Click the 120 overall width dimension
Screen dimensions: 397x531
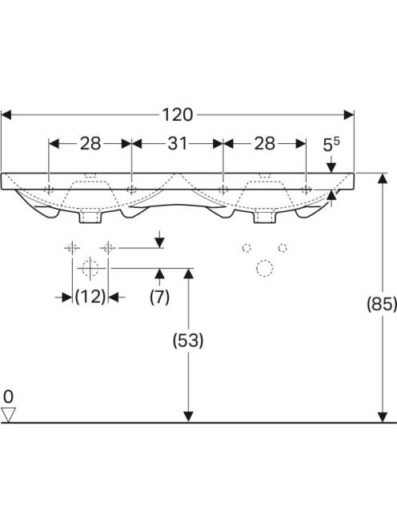tap(178, 115)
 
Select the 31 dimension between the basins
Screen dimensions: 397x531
tap(178, 144)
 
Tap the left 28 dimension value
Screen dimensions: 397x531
tap(90, 144)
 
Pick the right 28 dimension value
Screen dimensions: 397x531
tap(264, 144)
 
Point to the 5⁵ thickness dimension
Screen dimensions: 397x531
tap(331, 145)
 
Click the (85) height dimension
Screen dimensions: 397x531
tap(382, 304)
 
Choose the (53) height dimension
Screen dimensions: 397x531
tap(188, 341)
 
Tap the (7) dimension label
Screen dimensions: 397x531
tap(159, 297)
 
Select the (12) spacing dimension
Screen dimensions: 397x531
tap(90, 297)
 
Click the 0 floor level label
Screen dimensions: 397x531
tap(8, 397)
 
